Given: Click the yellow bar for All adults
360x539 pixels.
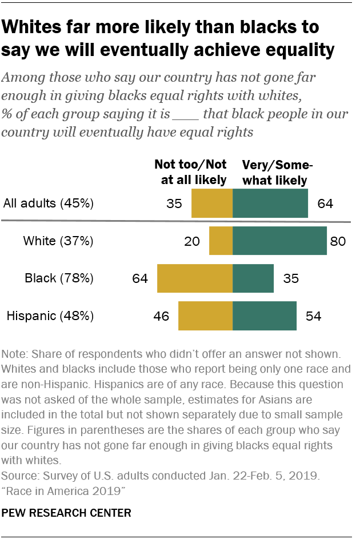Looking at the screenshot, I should pos(212,203).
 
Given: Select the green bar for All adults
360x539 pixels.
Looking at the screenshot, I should pos(270,203).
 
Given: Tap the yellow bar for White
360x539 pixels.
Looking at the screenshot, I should pos(221,241).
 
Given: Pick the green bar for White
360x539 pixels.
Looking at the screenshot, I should pos(280,241).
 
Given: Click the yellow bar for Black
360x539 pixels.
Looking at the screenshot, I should pos(195,278).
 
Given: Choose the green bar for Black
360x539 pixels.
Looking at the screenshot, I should pos(253,278).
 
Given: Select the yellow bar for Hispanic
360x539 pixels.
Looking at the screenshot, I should pos(206,316).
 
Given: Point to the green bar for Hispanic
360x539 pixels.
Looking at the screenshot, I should pos(265,316).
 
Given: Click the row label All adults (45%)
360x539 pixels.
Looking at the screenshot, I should pos(49,203).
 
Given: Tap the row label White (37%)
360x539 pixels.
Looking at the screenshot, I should pos(58,241).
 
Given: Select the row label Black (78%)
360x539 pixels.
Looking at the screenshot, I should pos(59,278).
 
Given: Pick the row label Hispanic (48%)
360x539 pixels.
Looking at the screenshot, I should pos(50,316).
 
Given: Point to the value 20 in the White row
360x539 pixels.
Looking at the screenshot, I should pos(192,241).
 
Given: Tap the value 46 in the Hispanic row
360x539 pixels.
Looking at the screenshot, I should pos(162,316).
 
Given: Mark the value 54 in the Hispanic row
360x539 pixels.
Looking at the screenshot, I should pos(314,316).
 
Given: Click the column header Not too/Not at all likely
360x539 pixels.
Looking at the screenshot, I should pos(190,172).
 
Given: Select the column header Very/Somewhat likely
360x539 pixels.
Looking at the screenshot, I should pos(278,172).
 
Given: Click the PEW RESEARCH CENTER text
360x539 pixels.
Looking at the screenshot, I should pos(66,513).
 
